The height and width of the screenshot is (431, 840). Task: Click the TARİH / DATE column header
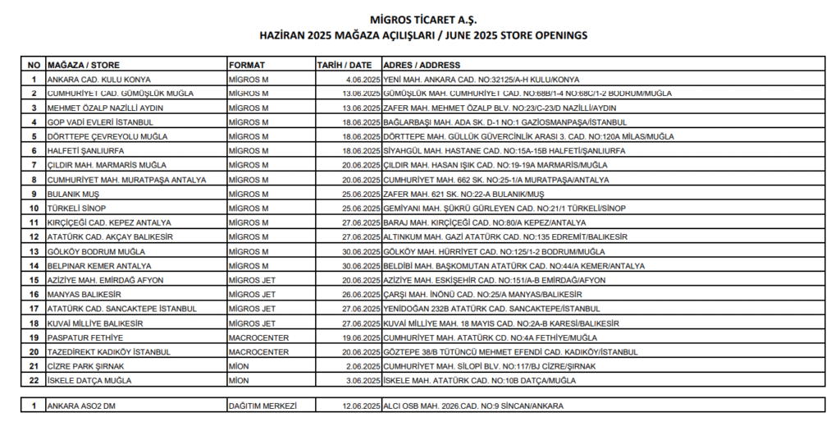345,65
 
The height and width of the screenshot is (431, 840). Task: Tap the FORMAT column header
247,65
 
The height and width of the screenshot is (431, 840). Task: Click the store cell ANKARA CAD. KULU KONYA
99,80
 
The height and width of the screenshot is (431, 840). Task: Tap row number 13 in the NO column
34,251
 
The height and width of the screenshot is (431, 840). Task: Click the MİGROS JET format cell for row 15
252,280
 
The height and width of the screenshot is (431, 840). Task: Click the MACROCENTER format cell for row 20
258,351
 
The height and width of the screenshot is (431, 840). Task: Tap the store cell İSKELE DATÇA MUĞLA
89,380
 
